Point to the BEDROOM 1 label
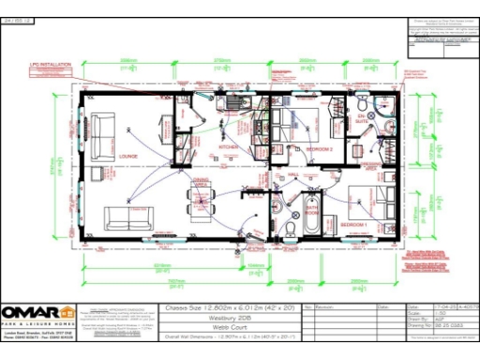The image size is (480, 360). [353, 225]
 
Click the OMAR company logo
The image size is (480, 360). [38, 313]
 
